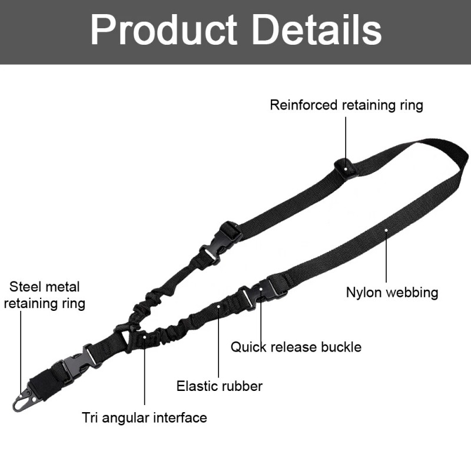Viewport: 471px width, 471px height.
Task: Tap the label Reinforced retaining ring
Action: click(x=346, y=105)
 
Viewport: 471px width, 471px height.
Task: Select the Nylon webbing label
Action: click(x=392, y=292)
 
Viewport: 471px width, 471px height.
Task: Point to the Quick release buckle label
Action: click(x=296, y=347)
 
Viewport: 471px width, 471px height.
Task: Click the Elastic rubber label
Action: click(x=220, y=386)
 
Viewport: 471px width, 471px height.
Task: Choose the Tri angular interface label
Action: click(x=144, y=418)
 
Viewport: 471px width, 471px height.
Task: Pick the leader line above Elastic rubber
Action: click(x=219, y=341)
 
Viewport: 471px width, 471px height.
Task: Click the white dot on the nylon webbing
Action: click(x=386, y=230)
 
